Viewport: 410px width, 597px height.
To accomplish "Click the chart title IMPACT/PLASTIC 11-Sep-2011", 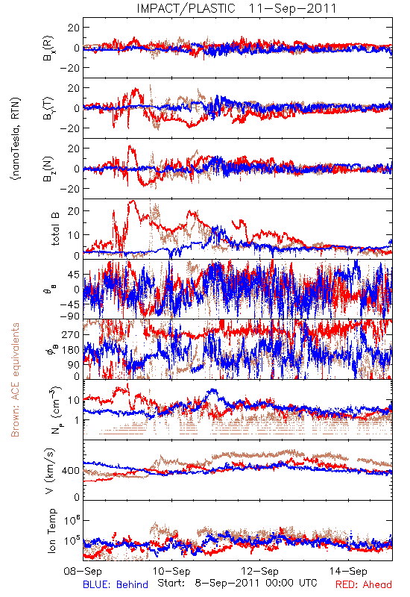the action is pos(236,8).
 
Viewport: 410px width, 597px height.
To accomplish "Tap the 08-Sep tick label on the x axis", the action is pos(83,571).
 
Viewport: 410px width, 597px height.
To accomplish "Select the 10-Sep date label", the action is pos(171,571).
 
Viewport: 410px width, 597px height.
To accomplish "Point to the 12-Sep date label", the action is pos(259,571).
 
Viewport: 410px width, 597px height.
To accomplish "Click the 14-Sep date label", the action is pos(348,571).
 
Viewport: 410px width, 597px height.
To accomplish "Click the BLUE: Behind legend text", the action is pos(116,584).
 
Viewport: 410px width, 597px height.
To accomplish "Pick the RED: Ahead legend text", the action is pos(364,584).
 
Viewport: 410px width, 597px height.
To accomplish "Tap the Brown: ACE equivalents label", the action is pos(15,380).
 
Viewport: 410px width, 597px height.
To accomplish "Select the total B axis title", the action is pos(54,228).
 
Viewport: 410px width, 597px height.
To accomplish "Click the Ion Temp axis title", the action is pos(52,531).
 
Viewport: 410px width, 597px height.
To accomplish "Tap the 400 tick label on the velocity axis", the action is pos(70,471).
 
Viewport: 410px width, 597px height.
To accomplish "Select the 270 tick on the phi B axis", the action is pos(70,334).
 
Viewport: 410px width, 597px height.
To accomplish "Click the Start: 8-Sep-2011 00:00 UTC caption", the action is pos(237,583).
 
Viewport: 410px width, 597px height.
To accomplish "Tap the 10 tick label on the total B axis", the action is pos(73,235).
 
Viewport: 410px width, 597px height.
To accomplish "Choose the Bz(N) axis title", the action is pos(48,169).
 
